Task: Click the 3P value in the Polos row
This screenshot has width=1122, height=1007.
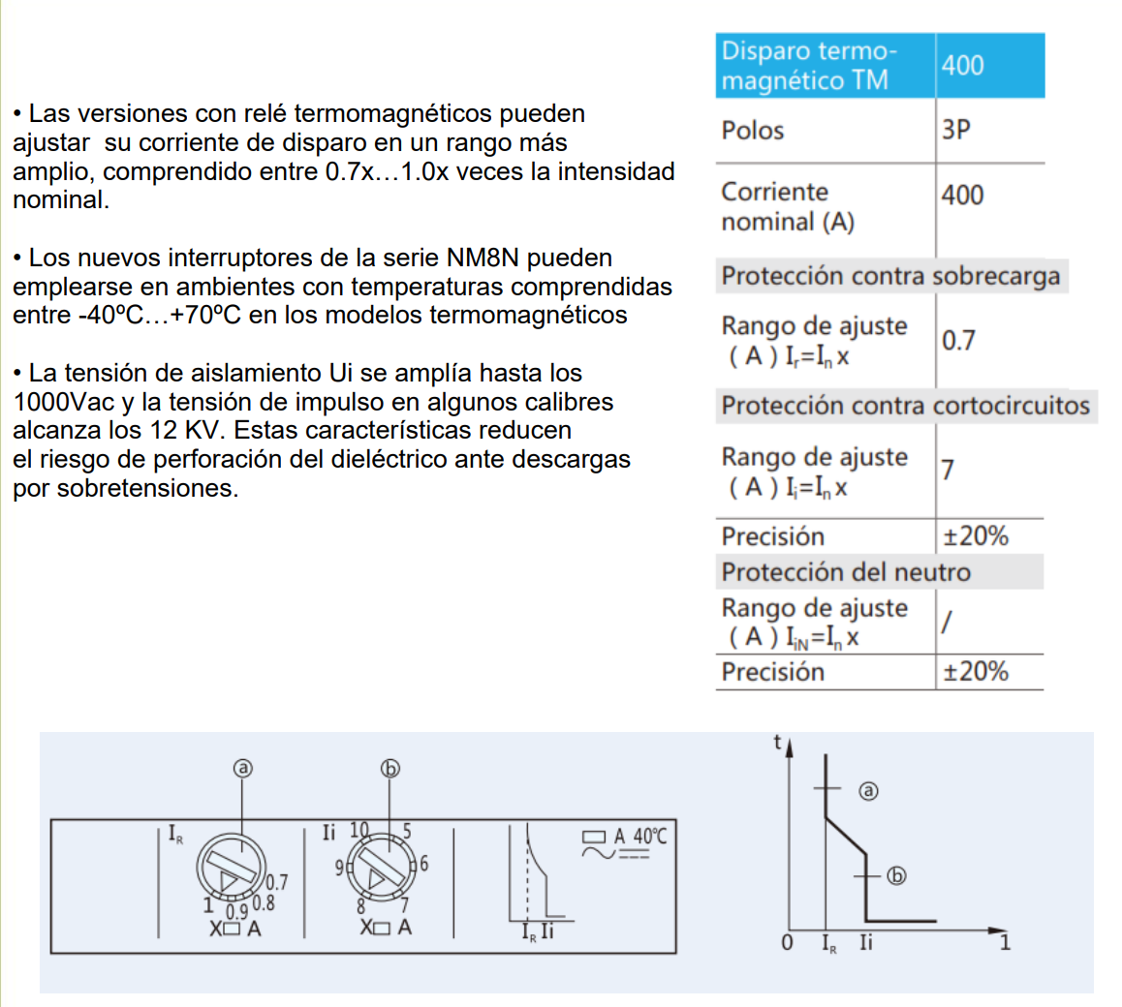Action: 955,130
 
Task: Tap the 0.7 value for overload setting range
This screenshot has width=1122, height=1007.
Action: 958,340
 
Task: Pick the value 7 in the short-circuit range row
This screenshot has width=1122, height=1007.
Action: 948,470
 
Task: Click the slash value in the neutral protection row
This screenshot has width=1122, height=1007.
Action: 946,623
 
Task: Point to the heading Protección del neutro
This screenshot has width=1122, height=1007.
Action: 845,572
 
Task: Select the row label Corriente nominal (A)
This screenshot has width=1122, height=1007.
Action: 787,206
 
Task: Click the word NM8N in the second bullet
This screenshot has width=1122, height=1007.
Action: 483,259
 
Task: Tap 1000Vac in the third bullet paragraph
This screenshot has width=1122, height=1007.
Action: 54,402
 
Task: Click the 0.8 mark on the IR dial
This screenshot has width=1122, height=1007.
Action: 263,904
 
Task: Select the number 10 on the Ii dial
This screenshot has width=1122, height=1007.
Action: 359,831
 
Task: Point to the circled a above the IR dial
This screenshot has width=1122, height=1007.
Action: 242,769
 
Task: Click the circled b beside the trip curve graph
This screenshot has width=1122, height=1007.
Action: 897,876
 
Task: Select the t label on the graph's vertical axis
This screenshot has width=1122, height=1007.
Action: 777,743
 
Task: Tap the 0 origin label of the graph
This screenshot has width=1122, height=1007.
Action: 787,942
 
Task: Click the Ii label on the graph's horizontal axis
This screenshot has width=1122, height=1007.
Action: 865,941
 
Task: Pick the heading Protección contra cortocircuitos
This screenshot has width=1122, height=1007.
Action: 905,406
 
